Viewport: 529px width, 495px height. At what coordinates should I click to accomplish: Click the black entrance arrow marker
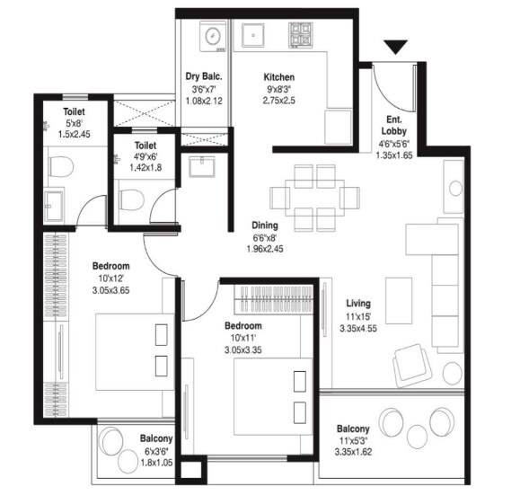(394, 47)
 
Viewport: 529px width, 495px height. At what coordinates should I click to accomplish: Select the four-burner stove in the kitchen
(299, 36)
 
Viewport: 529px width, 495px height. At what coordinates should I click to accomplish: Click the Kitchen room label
(278, 77)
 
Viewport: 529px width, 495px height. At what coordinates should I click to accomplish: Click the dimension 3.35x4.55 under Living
(359, 329)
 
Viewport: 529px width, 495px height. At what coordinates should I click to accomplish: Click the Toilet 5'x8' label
(74, 111)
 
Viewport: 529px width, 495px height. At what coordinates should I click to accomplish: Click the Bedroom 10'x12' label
(111, 266)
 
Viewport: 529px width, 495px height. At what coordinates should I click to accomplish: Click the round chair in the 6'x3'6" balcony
(112, 442)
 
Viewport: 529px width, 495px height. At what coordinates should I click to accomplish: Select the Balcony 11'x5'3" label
(356, 429)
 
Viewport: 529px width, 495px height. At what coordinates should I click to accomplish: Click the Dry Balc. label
(205, 77)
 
